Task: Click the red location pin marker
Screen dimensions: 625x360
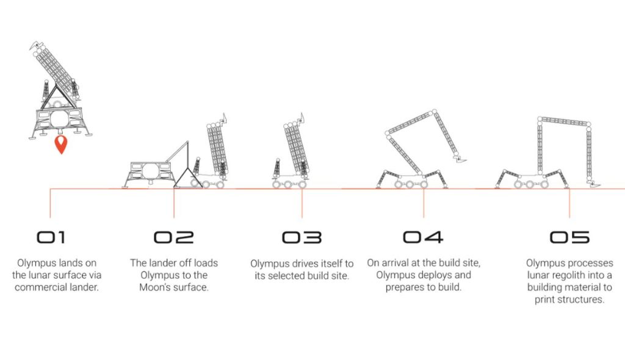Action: pos(61,144)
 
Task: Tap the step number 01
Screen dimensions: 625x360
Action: pos(51,237)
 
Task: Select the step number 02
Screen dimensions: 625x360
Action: pos(174,237)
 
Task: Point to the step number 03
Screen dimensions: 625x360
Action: pos(302,237)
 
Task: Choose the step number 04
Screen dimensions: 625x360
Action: pos(423,237)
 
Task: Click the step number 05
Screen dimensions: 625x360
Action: pos(569,237)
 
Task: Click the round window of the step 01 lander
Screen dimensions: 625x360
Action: pos(59,119)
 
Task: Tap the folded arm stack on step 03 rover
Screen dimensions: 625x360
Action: pos(296,148)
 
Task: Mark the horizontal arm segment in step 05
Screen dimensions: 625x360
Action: pos(564,122)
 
